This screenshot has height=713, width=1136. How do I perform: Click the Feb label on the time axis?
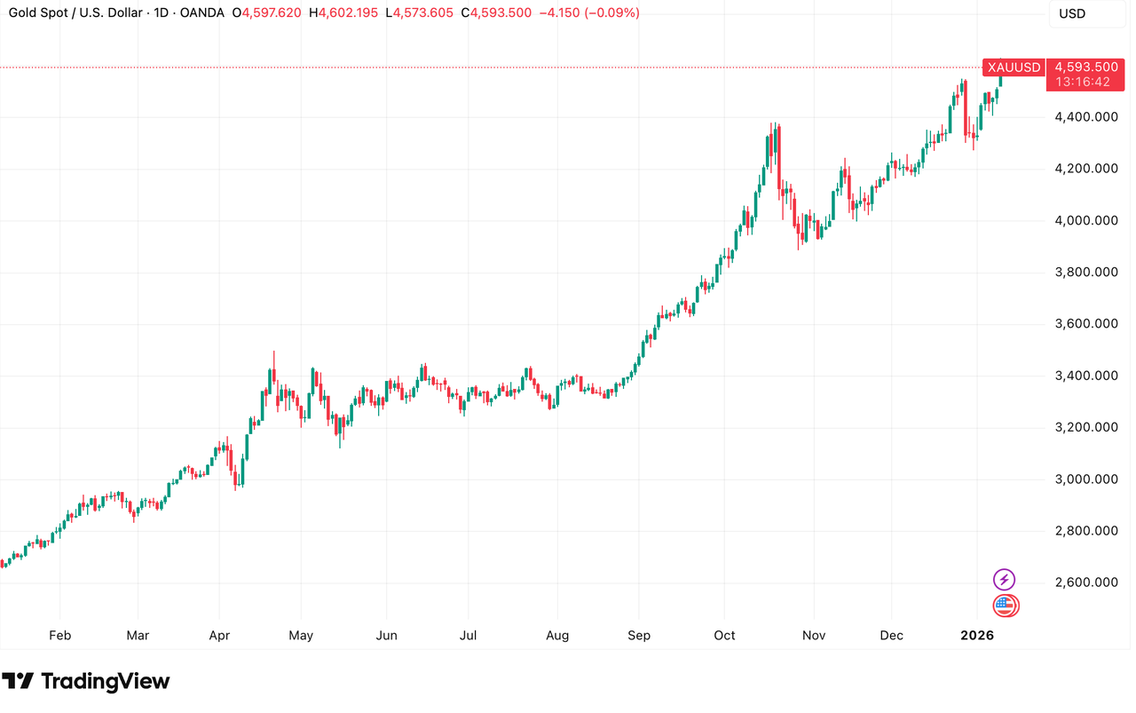59,636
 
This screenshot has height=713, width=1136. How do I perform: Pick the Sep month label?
639,636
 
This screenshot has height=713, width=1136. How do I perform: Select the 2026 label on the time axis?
977,636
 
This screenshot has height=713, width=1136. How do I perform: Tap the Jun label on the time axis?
386,636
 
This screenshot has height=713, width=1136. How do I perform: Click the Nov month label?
814,636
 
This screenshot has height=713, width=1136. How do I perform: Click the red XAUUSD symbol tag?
1014,67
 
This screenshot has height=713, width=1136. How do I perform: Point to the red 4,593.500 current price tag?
1087,67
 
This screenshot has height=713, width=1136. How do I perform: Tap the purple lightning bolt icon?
1004,580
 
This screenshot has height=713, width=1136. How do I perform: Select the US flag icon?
1005,606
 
